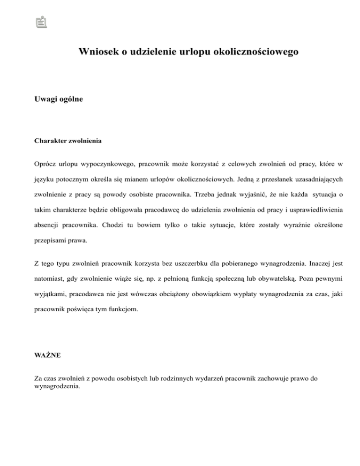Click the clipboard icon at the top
point(42,22)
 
